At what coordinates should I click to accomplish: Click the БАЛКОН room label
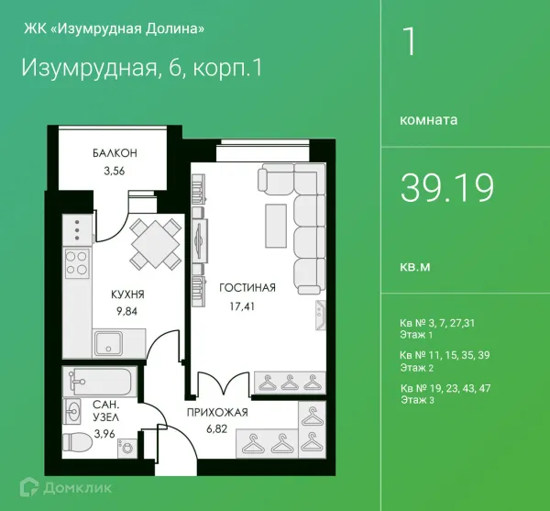(114, 153)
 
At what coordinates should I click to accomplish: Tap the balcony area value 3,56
(114, 170)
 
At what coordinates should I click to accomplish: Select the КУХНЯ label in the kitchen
(126, 294)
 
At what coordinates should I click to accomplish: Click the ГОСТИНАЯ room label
(247, 287)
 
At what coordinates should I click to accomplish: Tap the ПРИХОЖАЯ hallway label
(216, 413)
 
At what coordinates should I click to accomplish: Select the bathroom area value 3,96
(104, 434)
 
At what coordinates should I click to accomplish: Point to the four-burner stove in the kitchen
(76, 263)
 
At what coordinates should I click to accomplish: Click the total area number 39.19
(446, 187)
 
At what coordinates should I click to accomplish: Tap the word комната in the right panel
(429, 119)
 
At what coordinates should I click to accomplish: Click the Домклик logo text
(78, 487)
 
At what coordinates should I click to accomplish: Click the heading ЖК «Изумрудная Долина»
(113, 28)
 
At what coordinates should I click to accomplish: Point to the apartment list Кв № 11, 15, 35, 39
(445, 355)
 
